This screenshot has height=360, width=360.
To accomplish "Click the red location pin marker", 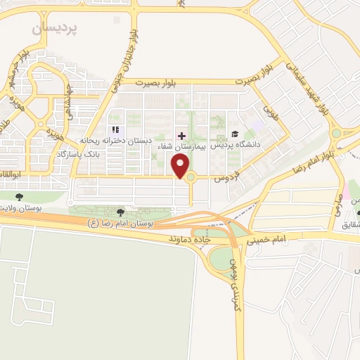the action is click(181, 166).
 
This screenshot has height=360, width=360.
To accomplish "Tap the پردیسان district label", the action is click(57, 27).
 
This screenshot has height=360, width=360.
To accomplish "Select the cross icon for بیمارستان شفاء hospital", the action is click(181, 135).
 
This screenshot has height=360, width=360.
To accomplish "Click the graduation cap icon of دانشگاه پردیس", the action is click(234, 134).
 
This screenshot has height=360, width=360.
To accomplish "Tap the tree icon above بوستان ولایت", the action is click(20, 196).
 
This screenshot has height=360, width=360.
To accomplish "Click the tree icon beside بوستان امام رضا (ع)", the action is click(120, 212).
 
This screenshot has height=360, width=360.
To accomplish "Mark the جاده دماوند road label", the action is click(189, 239).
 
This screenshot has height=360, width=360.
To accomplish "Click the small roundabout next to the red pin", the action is click(191, 176).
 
